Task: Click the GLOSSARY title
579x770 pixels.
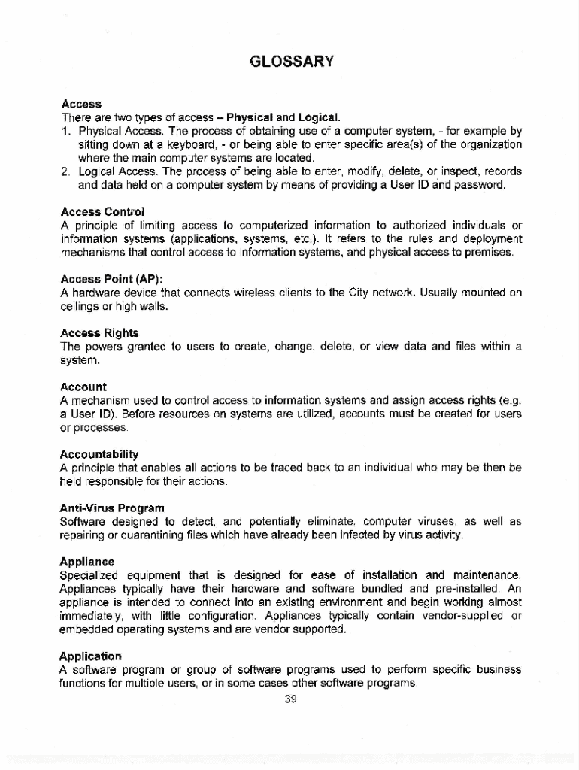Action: pos(290,61)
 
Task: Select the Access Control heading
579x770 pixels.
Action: pos(102,211)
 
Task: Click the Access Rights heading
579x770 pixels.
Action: pos(99,332)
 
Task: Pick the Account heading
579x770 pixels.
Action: pos(83,387)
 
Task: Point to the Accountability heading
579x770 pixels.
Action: pos(99,454)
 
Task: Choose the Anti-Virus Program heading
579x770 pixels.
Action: pos(112,508)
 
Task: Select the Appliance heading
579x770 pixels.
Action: pos(87,562)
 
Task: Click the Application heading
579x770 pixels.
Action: pos(90,656)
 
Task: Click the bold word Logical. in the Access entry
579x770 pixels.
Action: pos(319,117)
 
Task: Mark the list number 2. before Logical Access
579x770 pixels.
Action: pos(65,171)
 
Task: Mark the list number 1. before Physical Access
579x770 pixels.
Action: pos(65,131)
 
